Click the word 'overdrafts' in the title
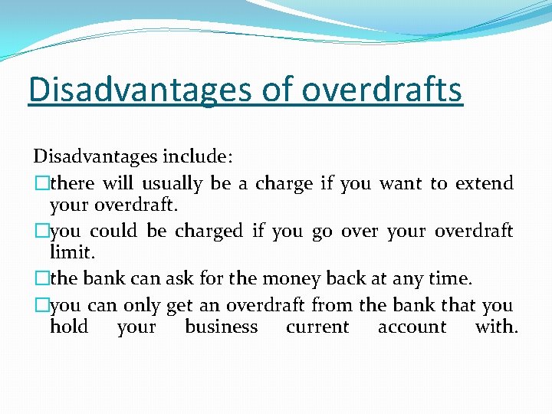point(382,89)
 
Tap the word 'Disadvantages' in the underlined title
point(137,89)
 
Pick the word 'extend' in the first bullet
point(484,183)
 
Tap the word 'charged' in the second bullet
point(209,232)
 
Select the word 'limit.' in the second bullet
point(69,252)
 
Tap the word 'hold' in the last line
point(68,327)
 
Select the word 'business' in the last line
point(221,327)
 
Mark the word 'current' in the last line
point(317,327)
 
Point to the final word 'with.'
point(496,327)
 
